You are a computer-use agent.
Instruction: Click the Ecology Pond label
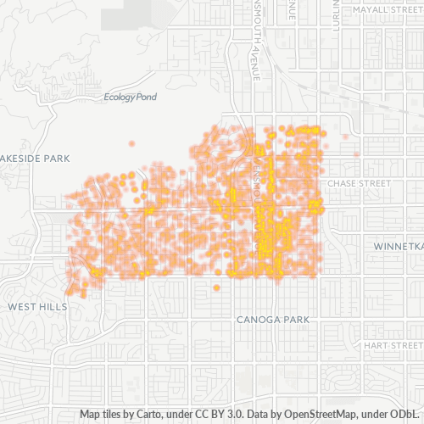pos(130,98)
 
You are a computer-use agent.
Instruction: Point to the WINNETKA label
pos(397,246)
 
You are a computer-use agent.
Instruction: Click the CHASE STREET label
pos(354,182)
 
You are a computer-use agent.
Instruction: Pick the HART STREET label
pos(392,346)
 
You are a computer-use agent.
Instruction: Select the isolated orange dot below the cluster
pos(216,287)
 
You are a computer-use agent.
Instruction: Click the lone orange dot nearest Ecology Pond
pos(131,144)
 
